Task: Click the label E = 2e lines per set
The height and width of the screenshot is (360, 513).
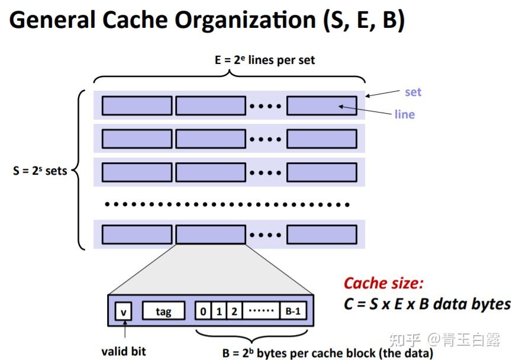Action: [264, 60]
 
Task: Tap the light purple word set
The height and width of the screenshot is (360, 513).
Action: [412, 92]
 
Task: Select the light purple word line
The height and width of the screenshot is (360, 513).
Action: [404, 114]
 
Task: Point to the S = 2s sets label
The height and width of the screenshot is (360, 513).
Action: [40, 171]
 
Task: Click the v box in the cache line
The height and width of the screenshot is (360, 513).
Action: [124, 311]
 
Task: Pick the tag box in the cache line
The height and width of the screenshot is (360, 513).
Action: [163, 311]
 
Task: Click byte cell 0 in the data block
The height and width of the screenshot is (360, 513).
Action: [203, 311]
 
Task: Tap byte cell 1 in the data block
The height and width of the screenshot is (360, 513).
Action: [220, 311]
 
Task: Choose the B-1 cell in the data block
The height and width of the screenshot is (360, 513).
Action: [293, 311]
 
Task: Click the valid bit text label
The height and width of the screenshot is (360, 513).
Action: [123, 351]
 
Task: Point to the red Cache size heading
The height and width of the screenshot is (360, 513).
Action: [383, 283]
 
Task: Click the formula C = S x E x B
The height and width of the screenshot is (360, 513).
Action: [426, 304]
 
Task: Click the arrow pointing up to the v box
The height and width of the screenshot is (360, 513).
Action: [124, 332]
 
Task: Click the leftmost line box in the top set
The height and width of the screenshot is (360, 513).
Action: [137, 105]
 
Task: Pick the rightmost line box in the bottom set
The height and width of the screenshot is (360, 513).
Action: [322, 235]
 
